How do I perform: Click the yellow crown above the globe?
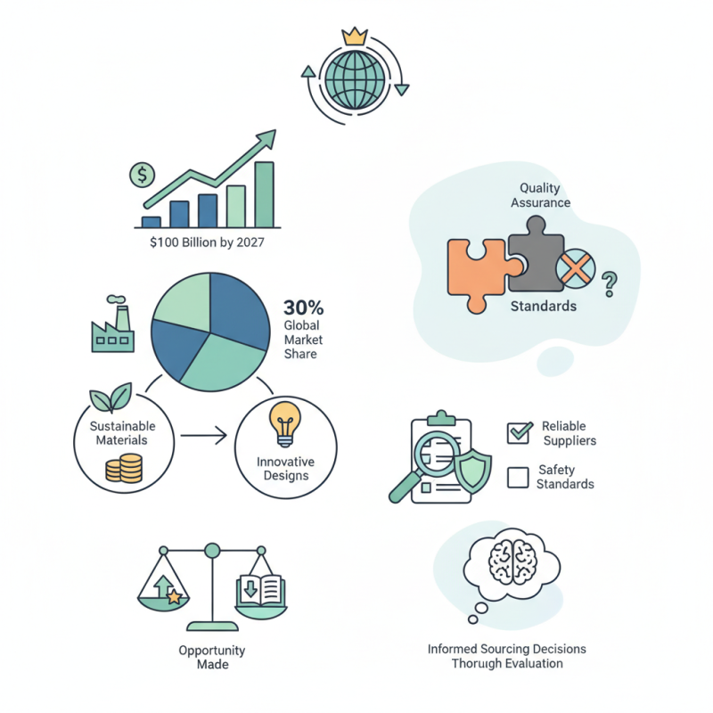[x=354, y=37]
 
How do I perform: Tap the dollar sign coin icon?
[x=143, y=175]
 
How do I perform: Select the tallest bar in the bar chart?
[x=264, y=194]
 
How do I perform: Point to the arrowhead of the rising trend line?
[x=267, y=138]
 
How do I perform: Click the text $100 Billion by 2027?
[x=207, y=242]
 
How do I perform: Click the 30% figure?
[x=303, y=307]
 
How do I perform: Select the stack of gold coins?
[x=124, y=469]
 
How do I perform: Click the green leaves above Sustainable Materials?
[x=111, y=397]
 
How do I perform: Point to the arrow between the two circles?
[x=204, y=436]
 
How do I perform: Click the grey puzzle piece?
[x=537, y=256]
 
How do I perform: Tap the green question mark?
[x=610, y=284]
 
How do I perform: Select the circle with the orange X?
[x=576, y=268]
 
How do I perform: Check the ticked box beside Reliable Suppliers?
[x=519, y=433]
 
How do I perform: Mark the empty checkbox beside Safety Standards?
[x=518, y=478]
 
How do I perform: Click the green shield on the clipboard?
[x=473, y=471]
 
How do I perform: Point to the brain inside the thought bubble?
[x=512, y=561]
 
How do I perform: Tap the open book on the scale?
[x=260, y=591]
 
